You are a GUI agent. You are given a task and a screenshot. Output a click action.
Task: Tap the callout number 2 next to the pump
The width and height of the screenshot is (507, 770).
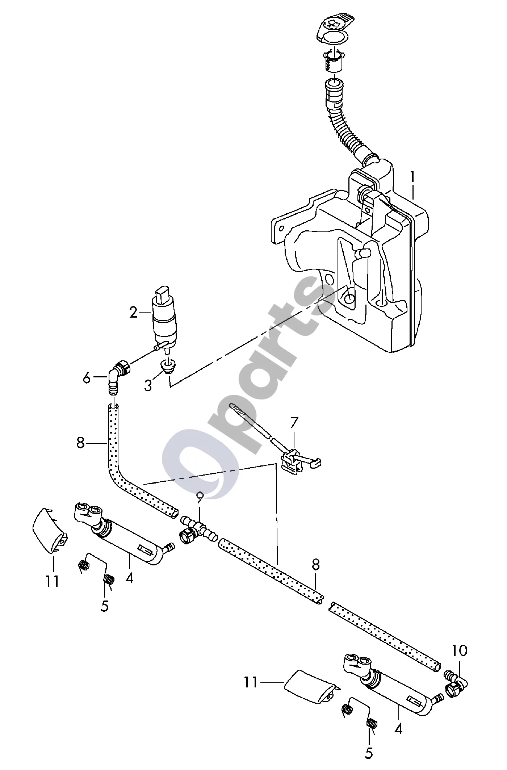point(133,312)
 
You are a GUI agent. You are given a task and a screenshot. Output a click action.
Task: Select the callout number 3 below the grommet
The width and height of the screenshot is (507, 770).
point(148,385)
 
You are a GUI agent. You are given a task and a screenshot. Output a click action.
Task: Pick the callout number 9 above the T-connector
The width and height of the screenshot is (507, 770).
point(200,499)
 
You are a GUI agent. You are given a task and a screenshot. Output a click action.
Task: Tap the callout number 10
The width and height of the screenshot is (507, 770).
point(459,650)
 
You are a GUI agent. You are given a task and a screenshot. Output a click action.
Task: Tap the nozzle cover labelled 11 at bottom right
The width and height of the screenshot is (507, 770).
point(312,687)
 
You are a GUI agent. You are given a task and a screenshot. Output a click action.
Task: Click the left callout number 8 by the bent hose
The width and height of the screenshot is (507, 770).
point(80,443)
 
